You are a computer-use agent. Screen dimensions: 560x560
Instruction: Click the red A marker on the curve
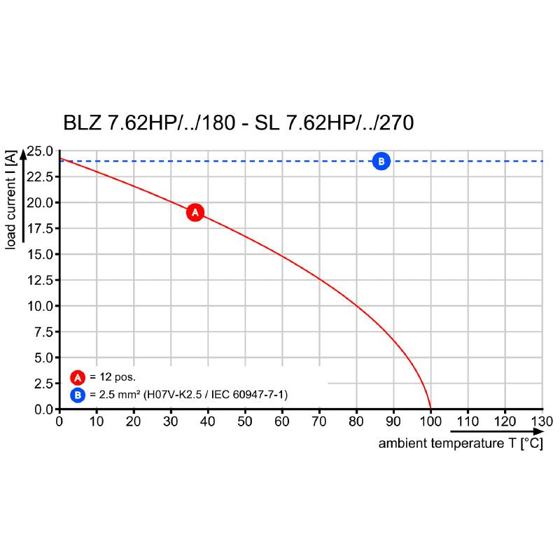[x=195, y=211]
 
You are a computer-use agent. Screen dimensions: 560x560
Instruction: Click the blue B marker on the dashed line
[x=381, y=162]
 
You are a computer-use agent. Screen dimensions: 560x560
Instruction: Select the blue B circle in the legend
[x=77, y=395]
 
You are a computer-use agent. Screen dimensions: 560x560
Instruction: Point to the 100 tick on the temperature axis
[x=430, y=421]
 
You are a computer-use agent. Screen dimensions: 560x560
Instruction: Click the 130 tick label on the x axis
[x=541, y=421]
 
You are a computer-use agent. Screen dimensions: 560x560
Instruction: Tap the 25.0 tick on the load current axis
[x=40, y=151]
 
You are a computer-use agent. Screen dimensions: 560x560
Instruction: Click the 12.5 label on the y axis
[x=40, y=280]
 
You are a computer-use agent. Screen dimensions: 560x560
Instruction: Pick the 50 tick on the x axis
[x=244, y=421]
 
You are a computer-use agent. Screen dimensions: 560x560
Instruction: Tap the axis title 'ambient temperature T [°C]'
[x=460, y=444]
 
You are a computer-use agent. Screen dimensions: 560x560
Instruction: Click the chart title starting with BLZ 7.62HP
[x=239, y=123]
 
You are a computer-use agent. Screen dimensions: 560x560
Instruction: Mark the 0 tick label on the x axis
[x=59, y=421]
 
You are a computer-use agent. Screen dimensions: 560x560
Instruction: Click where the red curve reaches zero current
[x=430, y=409]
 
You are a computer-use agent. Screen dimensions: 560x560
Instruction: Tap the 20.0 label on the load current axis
[x=40, y=203]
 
